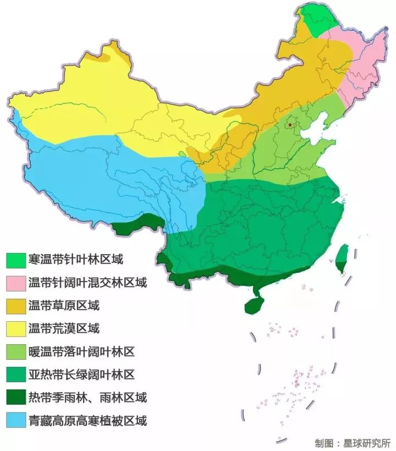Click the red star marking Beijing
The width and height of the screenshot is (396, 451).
click(290, 125)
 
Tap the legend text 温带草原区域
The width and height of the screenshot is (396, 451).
click(63, 306)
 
